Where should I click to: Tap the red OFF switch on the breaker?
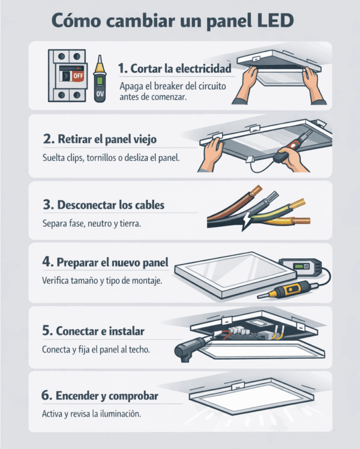pos(78,76)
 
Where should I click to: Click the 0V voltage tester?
pos(100,79)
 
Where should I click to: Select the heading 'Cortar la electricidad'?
pos(181,68)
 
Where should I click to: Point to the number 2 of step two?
pos(48,139)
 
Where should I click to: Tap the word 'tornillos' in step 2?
pos(100,158)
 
